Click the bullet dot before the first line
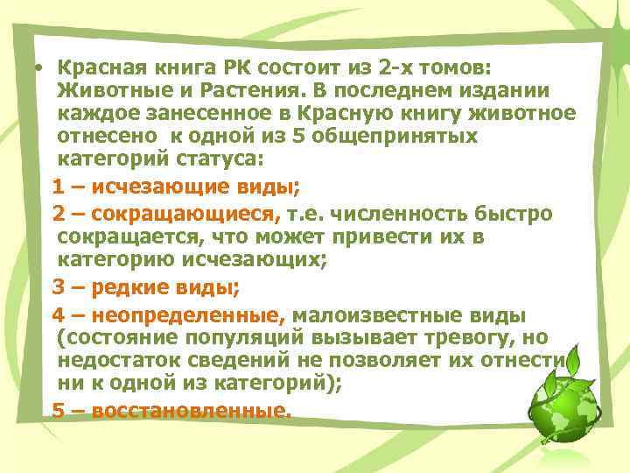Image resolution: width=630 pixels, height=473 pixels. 40,67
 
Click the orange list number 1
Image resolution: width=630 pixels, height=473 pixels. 57,186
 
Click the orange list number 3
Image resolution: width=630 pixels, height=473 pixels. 57,286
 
